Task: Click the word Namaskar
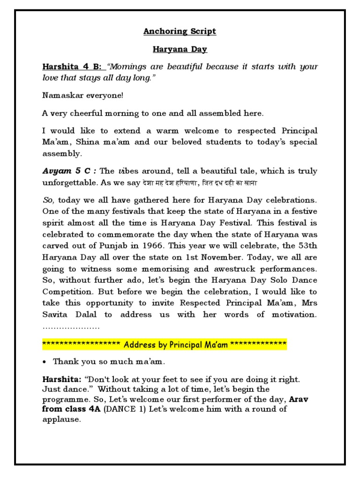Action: [62, 96]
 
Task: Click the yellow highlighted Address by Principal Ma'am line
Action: [164, 345]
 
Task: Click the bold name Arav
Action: [300, 399]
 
